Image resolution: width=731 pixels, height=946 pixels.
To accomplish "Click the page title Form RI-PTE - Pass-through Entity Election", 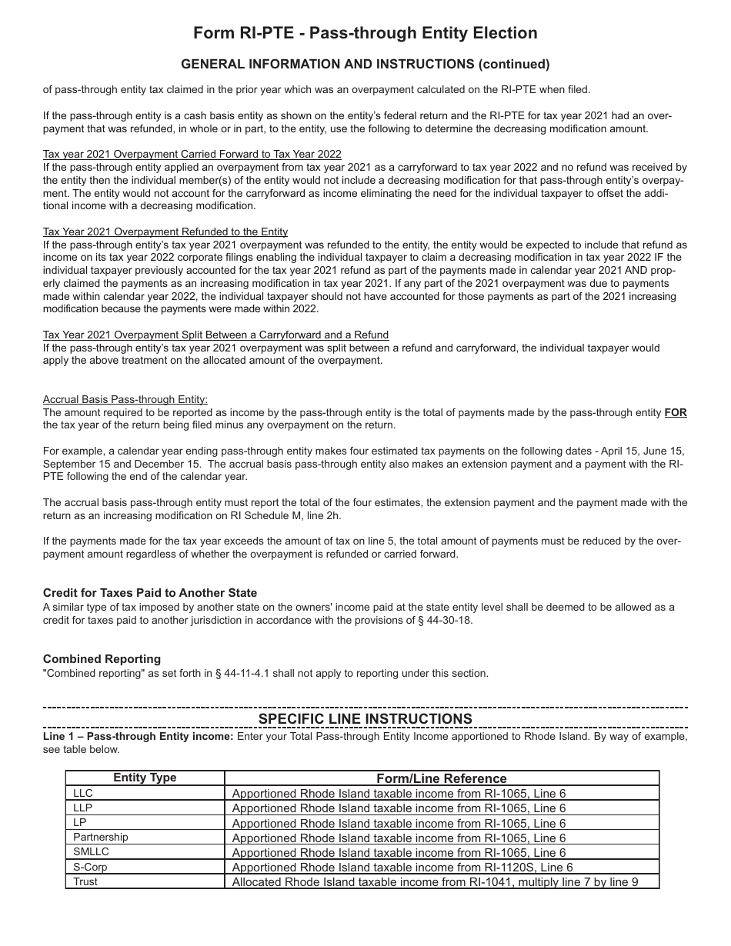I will coord(365,33).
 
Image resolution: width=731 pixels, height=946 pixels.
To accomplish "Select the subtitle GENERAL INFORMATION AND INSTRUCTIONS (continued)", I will coord(365,64).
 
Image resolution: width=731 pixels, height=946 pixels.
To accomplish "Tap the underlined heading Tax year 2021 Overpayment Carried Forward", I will coord(192,154).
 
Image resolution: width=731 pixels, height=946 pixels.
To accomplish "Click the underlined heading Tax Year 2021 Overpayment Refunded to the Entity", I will coord(165,232).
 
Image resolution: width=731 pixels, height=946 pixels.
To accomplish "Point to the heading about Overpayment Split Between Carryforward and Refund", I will coord(215,335).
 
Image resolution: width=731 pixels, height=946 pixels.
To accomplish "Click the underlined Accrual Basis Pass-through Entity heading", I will coord(125,399).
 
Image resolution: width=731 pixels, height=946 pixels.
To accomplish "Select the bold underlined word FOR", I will coord(676,413).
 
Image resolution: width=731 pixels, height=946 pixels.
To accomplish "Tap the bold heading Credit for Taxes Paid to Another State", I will coord(150,593).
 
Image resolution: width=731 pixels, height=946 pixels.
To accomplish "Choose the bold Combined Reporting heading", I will coord(102,659).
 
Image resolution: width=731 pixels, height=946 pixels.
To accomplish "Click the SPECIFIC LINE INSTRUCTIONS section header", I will coord(365,718).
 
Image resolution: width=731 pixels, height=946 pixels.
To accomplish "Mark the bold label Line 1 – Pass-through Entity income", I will coord(139,736).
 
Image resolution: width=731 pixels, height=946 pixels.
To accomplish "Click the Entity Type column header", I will coord(145,778).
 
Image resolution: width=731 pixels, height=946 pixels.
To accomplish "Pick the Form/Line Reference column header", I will coord(442,778).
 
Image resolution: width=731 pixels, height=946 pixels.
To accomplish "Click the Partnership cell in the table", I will coord(100,837).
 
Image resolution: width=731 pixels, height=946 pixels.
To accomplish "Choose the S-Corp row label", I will coord(90,867).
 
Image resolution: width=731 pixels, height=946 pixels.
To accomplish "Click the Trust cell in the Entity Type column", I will coord(85,881).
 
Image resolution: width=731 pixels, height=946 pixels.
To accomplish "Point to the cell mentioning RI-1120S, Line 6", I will coord(402,867).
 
